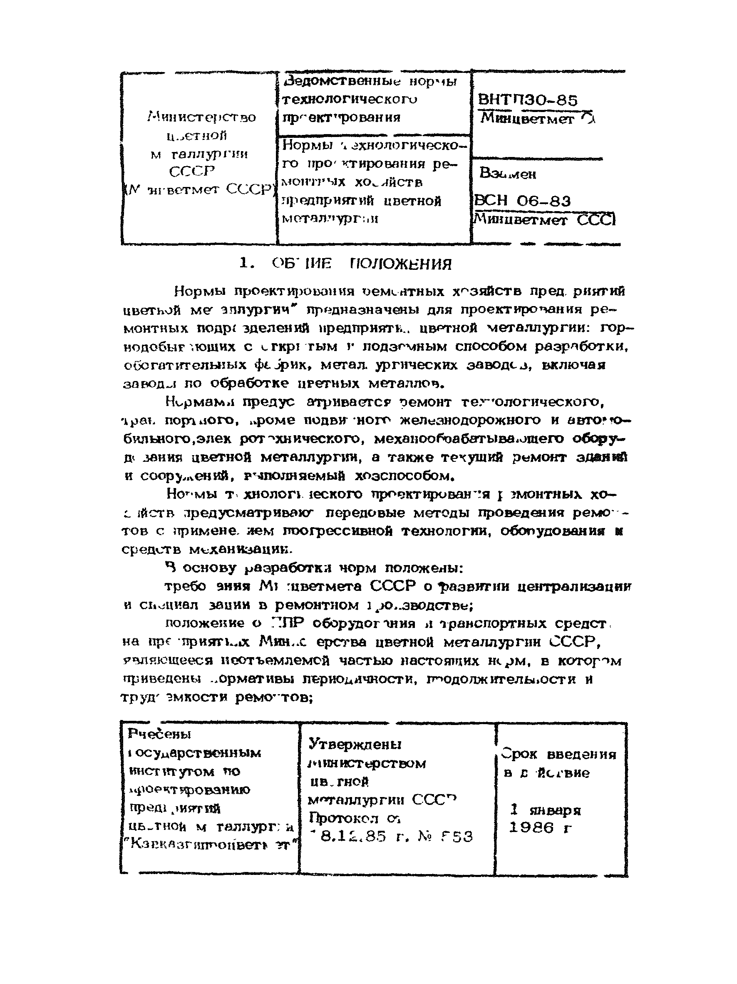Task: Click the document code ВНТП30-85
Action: (x=527, y=100)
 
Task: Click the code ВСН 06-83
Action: (x=522, y=201)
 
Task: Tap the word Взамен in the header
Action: (x=507, y=173)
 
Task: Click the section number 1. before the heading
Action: (x=247, y=263)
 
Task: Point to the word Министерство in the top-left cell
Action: (x=201, y=117)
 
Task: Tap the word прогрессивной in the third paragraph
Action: (x=338, y=531)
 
